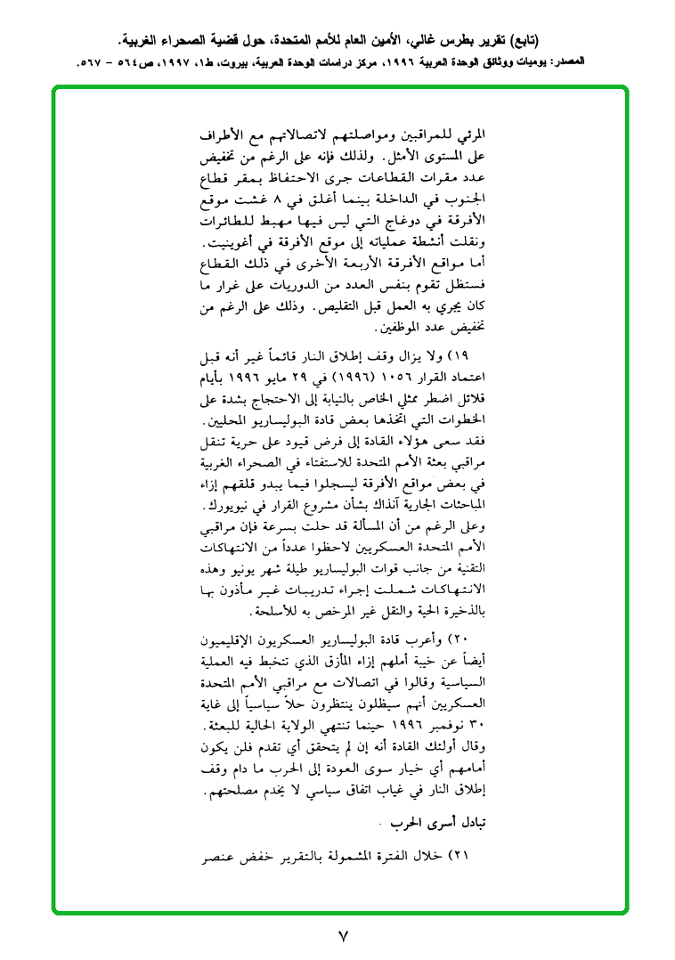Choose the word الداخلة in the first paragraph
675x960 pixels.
402,200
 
